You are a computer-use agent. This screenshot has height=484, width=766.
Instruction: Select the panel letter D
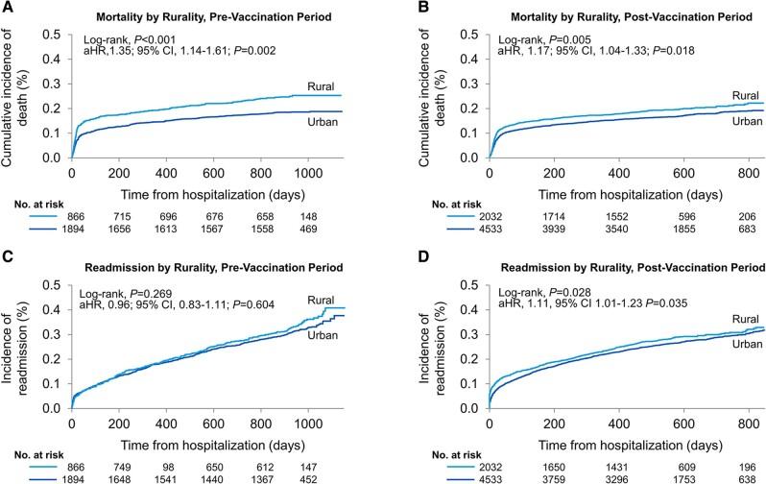point(394,255)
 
